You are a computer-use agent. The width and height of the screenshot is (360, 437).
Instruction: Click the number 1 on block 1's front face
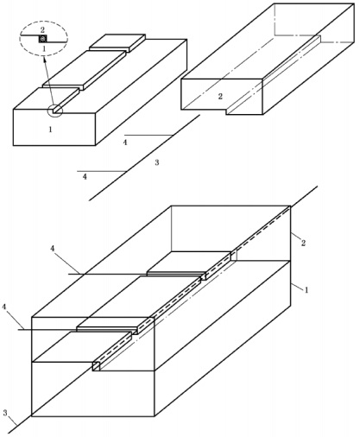pyautogui.click(x=51, y=130)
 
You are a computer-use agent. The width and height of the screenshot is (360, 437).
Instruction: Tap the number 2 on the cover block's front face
pyautogui.click(x=220, y=97)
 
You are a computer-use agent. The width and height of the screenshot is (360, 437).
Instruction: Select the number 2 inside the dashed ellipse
pyautogui.click(x=42, y=29)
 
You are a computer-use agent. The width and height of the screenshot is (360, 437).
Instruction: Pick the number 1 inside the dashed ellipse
pyautogui.click(x=44, y=49)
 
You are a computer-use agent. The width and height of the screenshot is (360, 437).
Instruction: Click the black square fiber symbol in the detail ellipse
pyautogui.click(x=43, y=39)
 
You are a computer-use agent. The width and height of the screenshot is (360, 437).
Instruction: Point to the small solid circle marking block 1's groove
pyautogui.click(x=55, y=111)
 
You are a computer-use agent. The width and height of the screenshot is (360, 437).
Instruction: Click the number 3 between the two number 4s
pyautogui.click(x=157, y=162)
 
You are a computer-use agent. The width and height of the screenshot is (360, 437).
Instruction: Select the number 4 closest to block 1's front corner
pyautogui.click(x=125, y=142)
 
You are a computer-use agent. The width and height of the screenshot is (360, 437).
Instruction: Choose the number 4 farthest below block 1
pyautogui.click(x=85, y=177)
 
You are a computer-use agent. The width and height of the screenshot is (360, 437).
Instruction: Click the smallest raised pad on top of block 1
pyautogui.click(x=117, y=42)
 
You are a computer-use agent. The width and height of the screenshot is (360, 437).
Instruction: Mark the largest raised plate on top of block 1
pyautogui.click(x=85, y=70)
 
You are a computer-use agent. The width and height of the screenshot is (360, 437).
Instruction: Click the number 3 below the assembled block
pyautogui.click(x=5, y=413)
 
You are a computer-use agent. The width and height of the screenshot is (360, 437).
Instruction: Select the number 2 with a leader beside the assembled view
pyautogui.click(x=303, y=244)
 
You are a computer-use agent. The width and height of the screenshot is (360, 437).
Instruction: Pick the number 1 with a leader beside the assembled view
pyautogui.click(x=306, y=290)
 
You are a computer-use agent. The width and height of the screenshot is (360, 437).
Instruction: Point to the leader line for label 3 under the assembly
pyautogui.click(x=12, y=421)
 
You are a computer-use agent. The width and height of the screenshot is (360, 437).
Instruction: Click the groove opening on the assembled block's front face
pyautogui.click(x=96, y=366)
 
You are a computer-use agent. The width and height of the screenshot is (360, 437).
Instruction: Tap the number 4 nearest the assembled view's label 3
pyautogui.click(x=4, y=307)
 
